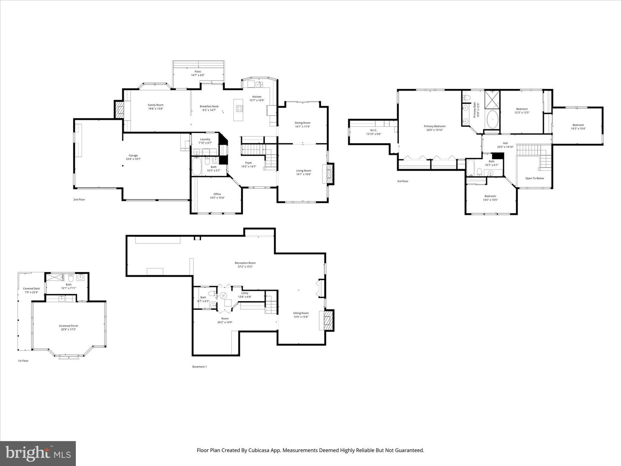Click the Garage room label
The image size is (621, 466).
coord(133,157)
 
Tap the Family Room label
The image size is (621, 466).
coord(156,107)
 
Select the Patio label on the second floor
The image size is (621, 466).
coord(198,73)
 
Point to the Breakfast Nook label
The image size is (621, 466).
coord(209,108)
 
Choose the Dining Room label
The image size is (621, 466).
coord(302,125)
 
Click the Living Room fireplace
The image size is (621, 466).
coord(329,173)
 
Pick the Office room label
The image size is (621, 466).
coord(217,196)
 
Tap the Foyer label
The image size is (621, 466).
coord(248,164)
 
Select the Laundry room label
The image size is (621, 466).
coord(205,141)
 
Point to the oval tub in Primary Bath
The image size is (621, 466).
coord(492,120)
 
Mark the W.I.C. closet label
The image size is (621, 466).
coord(373,132)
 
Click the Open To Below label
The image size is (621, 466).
coord(534,178)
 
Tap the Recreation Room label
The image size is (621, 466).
coord(245,264)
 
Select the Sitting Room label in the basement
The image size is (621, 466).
coord(301,315)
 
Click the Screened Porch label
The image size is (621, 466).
coord(69,327)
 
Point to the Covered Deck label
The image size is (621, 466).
coord(31,290)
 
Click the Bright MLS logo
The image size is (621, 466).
coord(38,453)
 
